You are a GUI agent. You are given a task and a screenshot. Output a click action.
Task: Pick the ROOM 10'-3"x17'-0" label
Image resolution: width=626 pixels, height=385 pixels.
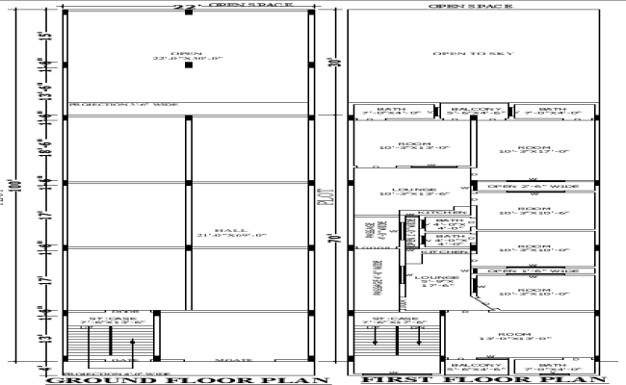point(534,148)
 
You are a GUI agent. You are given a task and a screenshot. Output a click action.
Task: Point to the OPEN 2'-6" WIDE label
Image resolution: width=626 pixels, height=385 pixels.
point(533,186)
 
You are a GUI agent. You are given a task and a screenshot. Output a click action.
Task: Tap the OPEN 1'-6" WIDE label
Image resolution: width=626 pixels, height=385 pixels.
point(533,271)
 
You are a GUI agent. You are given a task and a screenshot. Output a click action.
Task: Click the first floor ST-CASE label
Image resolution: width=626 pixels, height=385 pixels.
point(391,319)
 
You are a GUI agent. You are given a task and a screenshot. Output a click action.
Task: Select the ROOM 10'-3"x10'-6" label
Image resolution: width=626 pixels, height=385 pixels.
point(534,209)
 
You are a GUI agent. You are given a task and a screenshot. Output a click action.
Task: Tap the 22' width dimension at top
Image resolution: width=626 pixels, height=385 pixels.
point(179,7)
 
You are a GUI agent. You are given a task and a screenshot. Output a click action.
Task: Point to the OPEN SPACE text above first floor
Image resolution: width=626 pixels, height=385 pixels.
point(471,5)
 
